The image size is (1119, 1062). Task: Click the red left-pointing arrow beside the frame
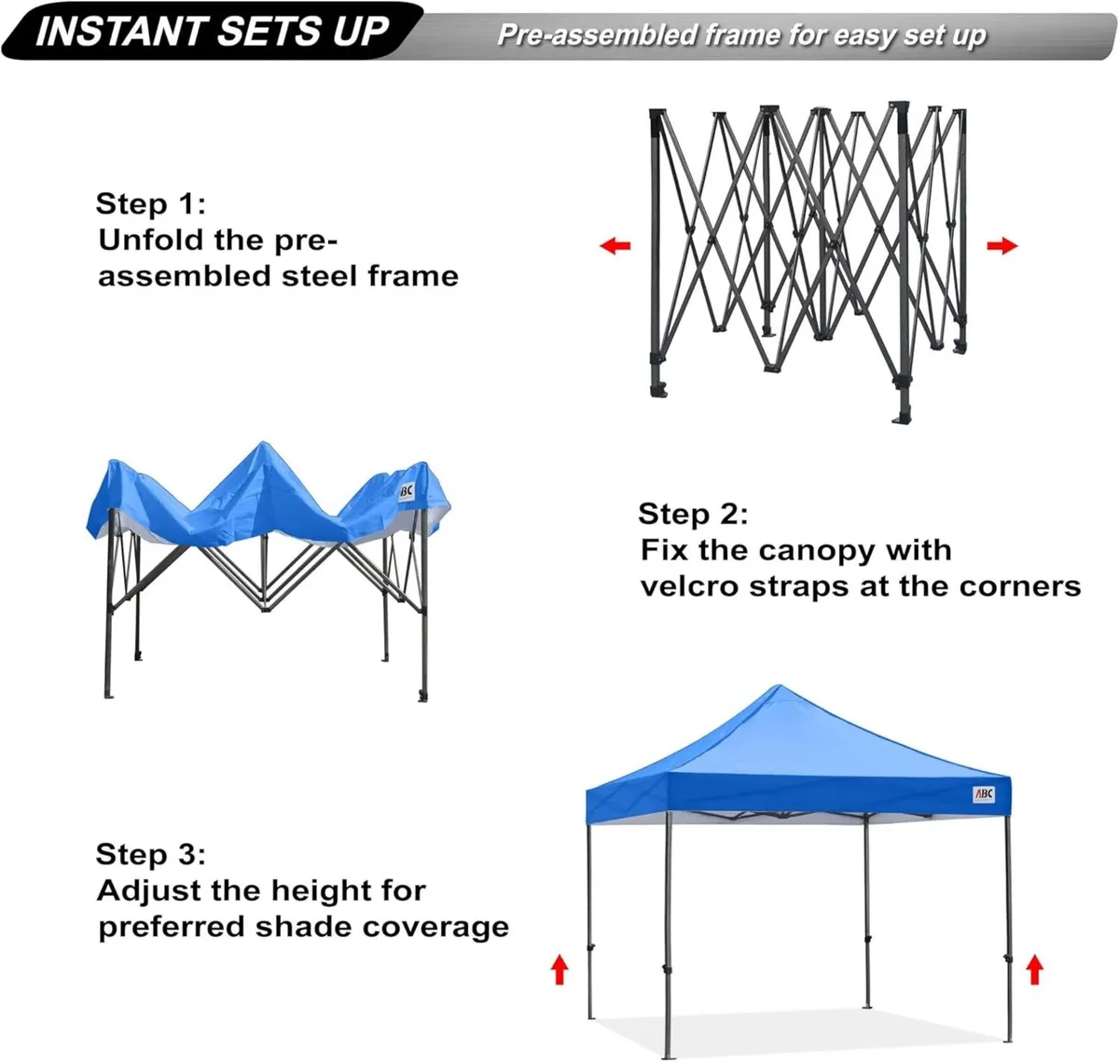(615, 246)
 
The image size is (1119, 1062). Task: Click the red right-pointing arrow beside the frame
(1002, 246)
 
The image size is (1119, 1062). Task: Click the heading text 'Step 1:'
(150, 204)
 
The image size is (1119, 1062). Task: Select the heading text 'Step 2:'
(693, 514)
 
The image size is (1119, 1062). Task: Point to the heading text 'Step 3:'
(150, 854)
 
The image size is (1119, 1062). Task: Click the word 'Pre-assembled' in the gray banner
(598, 35)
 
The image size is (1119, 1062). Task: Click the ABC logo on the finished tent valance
(984, 794)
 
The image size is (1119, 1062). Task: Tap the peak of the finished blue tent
(776, 690)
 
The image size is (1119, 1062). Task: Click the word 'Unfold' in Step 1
(150, 240)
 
